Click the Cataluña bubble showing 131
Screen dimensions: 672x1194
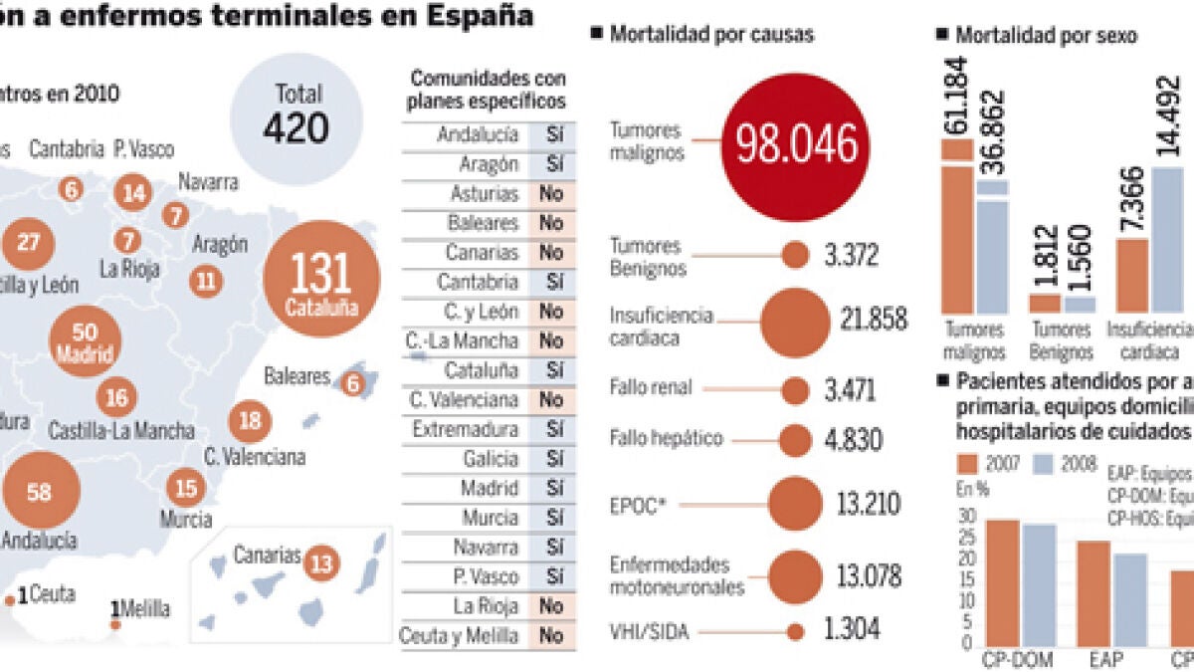[321, 279]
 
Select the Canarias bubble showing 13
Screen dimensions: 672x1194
[321, 563]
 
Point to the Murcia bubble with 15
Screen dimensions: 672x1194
[185, 488]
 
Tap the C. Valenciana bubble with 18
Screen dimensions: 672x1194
[251, 421]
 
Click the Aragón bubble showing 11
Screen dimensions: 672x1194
[206, 281]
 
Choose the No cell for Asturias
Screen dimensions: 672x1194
[551, 193]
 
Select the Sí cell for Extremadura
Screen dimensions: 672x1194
[554, 429]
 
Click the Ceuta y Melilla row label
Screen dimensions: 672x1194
[459, 635]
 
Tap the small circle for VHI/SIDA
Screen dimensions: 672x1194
[795, 630]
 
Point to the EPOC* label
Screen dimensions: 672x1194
[638, 506]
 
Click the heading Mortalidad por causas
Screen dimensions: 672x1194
[711, 35]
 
